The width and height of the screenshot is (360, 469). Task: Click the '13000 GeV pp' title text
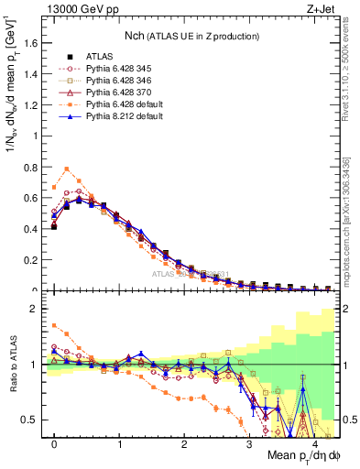(x=79, y=8)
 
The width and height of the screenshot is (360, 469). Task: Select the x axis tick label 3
(x=249, y=443)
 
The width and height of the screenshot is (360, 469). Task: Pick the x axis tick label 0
(x=54, y=443)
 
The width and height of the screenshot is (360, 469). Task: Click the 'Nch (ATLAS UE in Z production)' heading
(x=192, y=36)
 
